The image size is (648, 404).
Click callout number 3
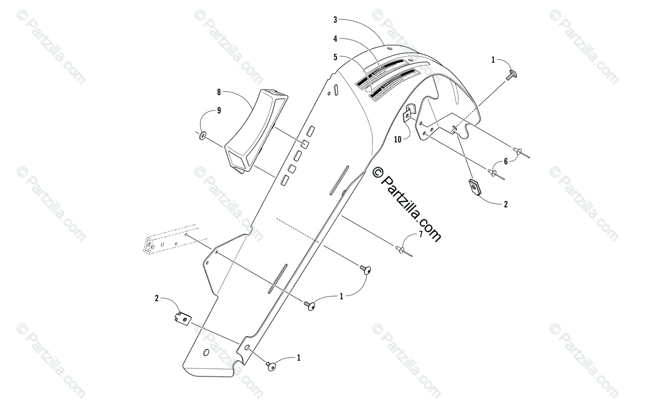tap(335, 20)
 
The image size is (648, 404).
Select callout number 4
tap(335, 39)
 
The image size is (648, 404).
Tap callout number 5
tap(335, 57)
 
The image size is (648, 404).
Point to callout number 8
tap(219, 92)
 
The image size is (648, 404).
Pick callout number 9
tap(219, 111)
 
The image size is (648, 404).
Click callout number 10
tap(397, 139)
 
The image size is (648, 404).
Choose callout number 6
tap(505, 161)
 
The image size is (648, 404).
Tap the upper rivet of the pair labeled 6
tap(519, 153)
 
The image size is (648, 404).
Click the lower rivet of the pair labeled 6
tap(494, 173)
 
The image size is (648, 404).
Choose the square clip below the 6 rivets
tap(475, 187)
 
